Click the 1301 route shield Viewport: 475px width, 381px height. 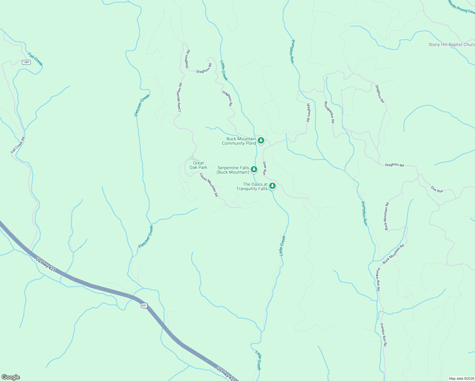click(26, 62)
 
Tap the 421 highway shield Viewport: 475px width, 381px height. click(144, 305)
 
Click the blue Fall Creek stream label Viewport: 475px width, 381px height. click(35, 59)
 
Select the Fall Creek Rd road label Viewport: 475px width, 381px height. click(18, 145)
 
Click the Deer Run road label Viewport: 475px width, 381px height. click(264, 168)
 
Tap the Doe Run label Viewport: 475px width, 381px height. click(437, 190)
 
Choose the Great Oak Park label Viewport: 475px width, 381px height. click(198, 165)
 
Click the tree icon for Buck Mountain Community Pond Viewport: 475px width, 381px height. click(261, 140)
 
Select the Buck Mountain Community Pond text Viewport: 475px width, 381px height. click(239, 141)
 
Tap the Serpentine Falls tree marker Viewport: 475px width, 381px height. click(254, 169)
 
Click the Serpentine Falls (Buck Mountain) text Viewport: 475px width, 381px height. click(233, 170)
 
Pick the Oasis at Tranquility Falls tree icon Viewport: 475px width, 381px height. click(272, 186)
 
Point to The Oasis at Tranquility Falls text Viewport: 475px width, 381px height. click(252, 186)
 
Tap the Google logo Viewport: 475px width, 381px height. click(10, 377)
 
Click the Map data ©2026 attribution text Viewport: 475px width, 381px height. click(461, 378)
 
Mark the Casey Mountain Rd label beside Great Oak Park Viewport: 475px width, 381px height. click(209, 185)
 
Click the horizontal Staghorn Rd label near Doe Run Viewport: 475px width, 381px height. click(394, 165)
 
